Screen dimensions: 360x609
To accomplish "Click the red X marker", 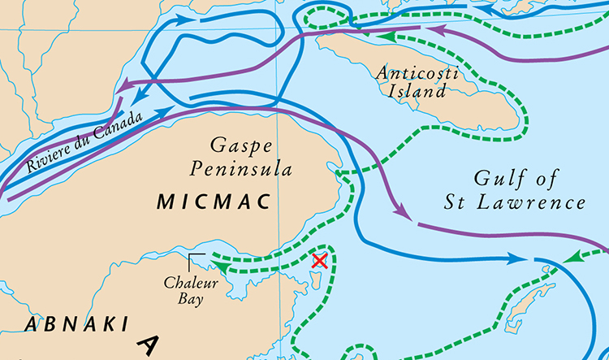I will [320, 261].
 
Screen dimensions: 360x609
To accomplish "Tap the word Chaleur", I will [188, 284].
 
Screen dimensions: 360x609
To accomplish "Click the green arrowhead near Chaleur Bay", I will [218, 262].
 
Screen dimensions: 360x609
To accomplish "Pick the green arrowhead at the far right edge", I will [572, 258].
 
